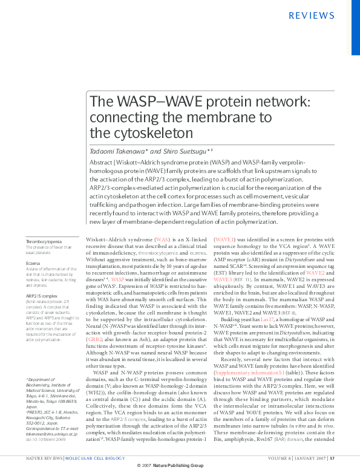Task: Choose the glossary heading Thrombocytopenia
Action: click(x=44, y=242)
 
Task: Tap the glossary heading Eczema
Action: click(x=33, y=263)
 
